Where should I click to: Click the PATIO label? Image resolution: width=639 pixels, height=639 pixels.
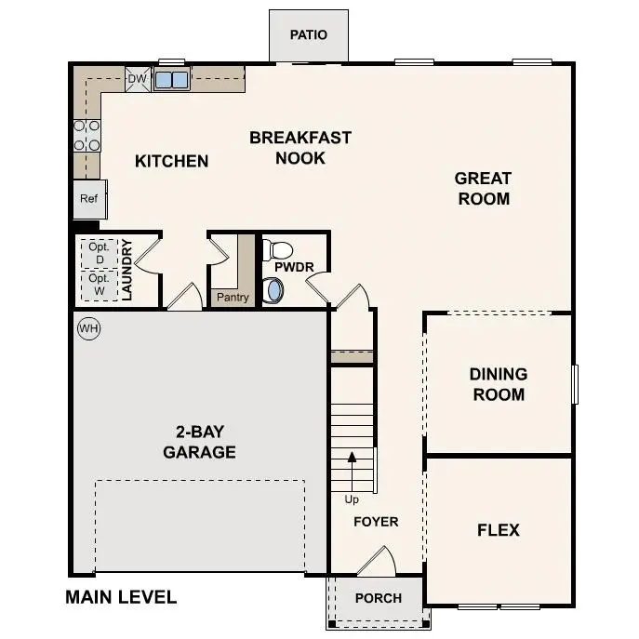click(x=308, y=35)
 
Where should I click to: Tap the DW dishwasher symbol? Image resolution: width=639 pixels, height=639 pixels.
click(x=137, y=80)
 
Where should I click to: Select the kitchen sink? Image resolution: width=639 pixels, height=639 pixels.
click(x=171, y=80)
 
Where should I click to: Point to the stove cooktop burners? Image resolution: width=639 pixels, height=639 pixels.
click(x=87, y=135)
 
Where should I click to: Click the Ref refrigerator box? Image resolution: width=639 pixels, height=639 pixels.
click(x=89, y=199)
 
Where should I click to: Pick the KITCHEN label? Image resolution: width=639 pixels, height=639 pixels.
click(x=172, y=161)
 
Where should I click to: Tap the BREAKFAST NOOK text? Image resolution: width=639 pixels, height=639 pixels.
click(x=300, y=148)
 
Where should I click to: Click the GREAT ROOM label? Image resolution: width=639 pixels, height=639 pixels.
click(x=483, y=188)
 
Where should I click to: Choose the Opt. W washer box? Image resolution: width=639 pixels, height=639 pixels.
click(x=99, y=285)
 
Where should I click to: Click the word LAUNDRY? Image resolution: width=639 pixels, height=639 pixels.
click(x=128, y=270)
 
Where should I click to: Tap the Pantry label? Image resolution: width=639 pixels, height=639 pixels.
click(x=232, y=298)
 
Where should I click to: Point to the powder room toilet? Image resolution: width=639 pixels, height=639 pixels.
click(x=277, y=249)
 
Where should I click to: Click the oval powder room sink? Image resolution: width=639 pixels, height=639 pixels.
click(x=273, y=290)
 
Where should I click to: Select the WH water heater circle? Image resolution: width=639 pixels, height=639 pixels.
click(x=88, y=328)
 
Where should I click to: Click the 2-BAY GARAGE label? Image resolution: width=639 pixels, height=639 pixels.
click(x=199, y=442)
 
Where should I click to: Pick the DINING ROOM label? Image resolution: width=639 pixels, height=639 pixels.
click(x=498, y=384)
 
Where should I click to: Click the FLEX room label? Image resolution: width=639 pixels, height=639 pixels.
click(x=498, y=530)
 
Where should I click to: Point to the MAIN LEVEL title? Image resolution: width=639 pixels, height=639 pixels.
click(x=121, y=597)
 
